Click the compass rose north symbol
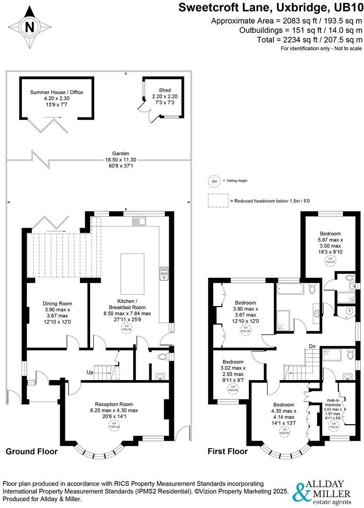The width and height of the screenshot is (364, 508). tap(29, 27)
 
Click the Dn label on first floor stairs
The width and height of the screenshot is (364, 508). tap(312, 346)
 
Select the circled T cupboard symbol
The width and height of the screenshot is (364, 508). tap(350, 311)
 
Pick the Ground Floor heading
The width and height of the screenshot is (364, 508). tap(31, 451)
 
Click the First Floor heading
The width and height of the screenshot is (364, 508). tap(227, 451)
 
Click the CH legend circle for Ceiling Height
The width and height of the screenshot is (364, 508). tap(215, 181)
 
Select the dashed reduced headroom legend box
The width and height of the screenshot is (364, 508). tap(218, 200)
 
